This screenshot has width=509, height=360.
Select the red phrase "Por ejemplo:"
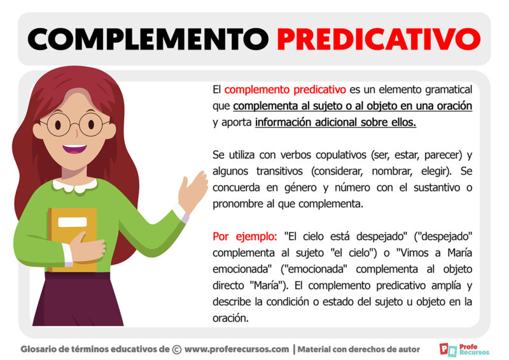coord(245,237)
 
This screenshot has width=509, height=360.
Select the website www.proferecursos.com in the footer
coord(237,349)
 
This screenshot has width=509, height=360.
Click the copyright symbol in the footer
coord(177,349)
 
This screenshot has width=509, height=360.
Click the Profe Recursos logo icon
coord(447,349)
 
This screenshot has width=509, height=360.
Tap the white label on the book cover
coord(73,222)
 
